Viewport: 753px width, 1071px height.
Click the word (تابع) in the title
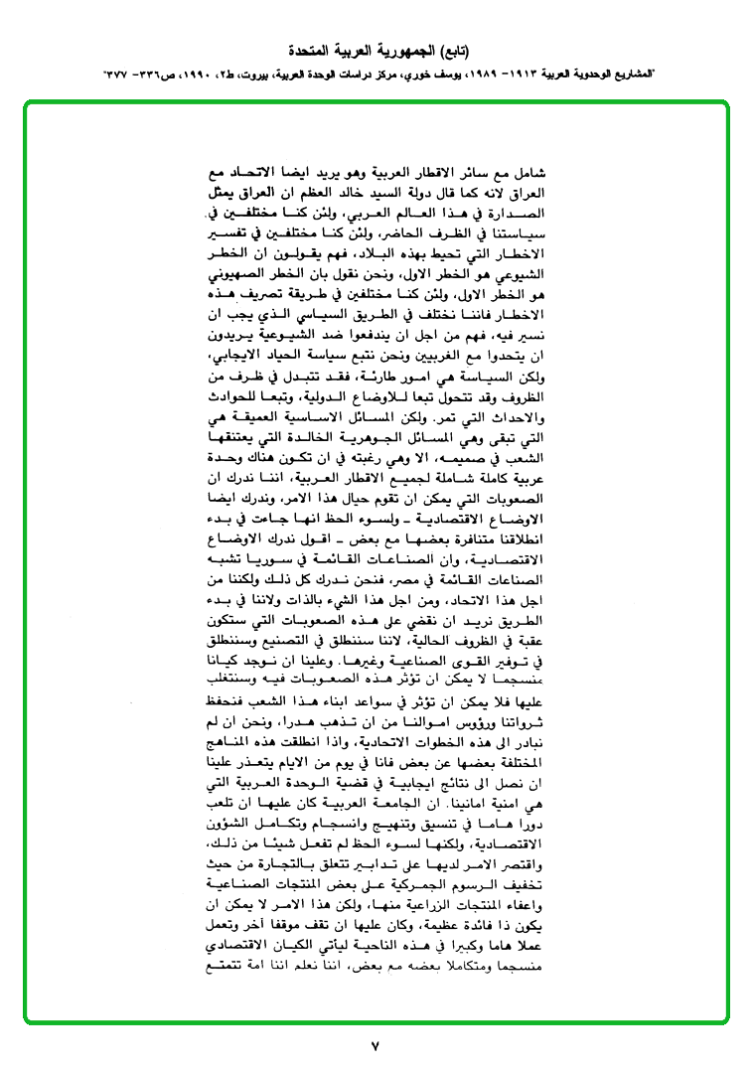(x=451, y=50)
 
